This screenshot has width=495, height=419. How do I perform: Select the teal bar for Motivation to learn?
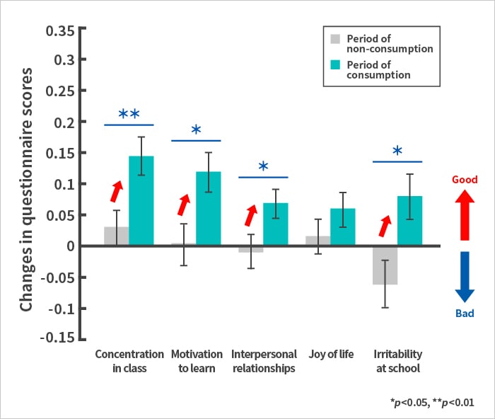(x=208, y=209)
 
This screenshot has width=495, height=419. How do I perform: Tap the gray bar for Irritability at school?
(x=385, y=265)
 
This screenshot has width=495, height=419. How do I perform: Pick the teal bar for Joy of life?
(x=343, y=227)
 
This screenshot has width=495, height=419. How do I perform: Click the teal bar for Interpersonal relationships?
(x=276, y=224)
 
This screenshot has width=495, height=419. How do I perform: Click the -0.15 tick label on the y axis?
(x=56, y=338)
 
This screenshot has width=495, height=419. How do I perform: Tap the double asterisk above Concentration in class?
(x=129, y=114)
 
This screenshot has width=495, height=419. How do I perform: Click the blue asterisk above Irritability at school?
(x=397, y=151)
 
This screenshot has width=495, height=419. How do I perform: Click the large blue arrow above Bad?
(x=464, y=278)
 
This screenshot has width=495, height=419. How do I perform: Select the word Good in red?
(x=465, y=180)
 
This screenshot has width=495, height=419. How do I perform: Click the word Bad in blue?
(x=465, y=314)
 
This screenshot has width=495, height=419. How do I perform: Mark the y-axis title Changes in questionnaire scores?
(x=26, y=190)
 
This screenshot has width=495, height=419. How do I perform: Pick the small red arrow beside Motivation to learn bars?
(x=184, y=205)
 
